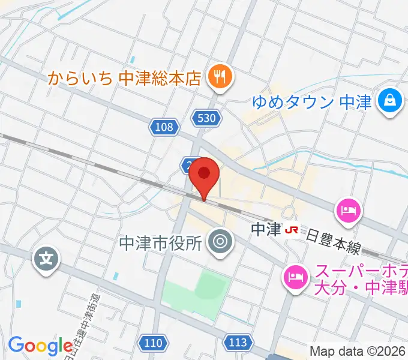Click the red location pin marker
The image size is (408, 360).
[204, 175]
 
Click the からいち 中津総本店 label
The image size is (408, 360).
[124, 77]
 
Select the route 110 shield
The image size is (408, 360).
[153, 343]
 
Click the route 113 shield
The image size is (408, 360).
[238, 343]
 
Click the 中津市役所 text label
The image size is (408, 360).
[160, 242]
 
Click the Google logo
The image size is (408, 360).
[40, 346]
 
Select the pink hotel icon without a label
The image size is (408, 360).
[349, 210]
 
